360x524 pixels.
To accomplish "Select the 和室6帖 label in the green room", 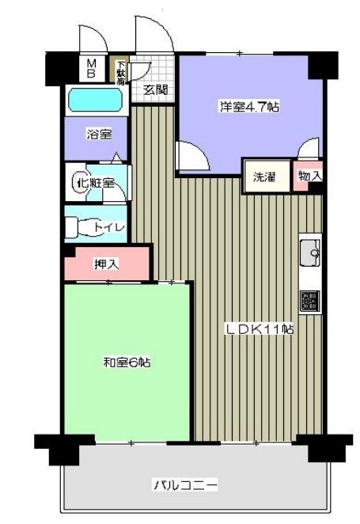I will pos(127,363).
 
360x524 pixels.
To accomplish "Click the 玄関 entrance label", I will pos(156,89).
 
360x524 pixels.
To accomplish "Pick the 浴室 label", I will pos(98,135).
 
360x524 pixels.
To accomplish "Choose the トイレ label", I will pos(108,228).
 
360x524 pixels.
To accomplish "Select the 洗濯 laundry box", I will pos(264,177).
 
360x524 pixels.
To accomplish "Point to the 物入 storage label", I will pos(309,176).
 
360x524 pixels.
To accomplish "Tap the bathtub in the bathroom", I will pos(94,101).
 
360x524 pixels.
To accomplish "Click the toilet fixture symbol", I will pos(78,228).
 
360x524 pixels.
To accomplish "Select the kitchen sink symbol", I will pos(309,253).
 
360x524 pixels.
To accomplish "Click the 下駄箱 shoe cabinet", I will pos(122,72).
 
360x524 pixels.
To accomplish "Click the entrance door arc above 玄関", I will pos(152,36).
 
